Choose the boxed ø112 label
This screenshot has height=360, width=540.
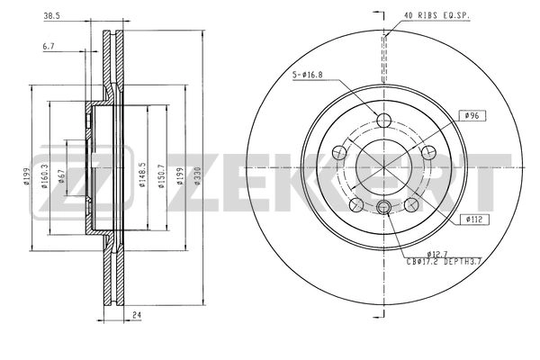tap(477, 219)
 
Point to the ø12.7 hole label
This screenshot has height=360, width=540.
tap(437, 253)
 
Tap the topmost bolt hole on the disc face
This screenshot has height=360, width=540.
tap(384, 122)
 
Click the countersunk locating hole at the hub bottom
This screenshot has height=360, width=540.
tap(384, 210)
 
